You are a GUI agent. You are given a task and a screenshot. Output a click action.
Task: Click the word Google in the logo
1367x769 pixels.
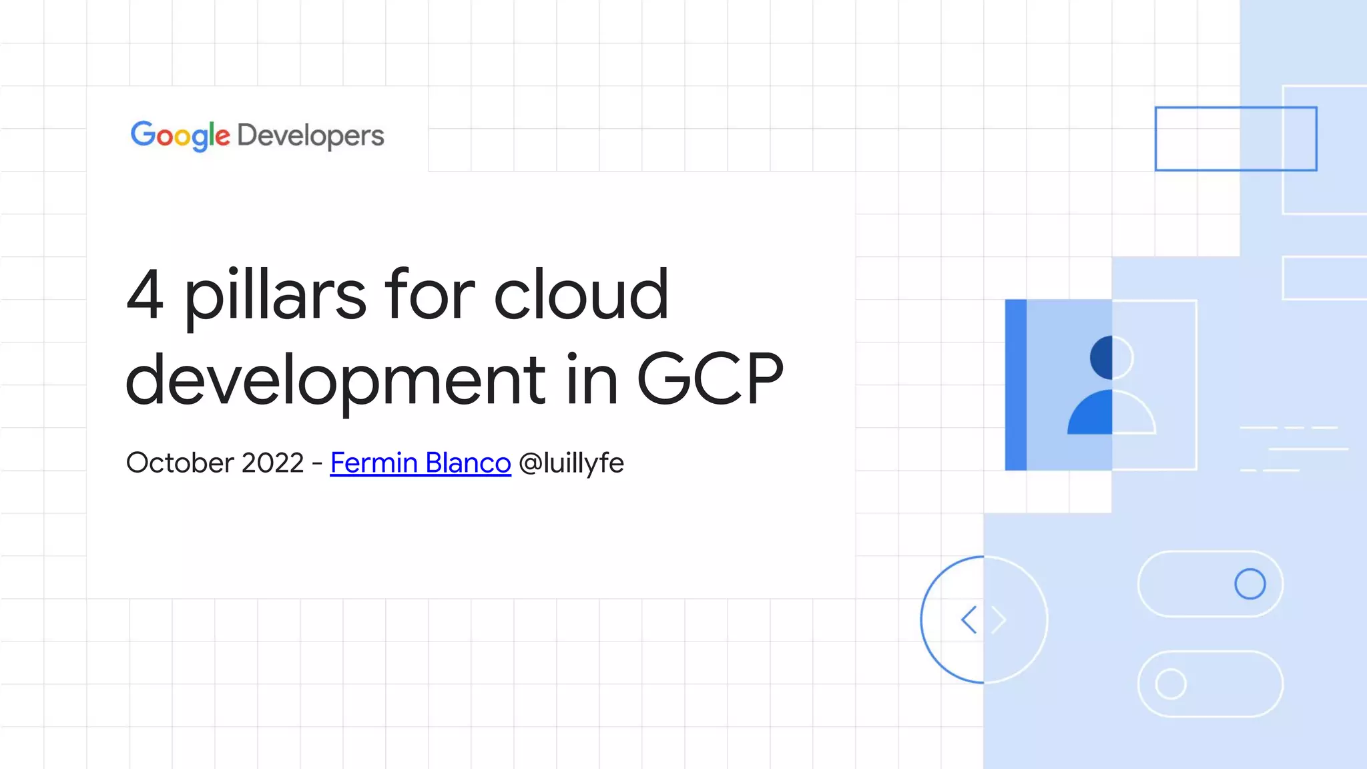(x=180, y=136)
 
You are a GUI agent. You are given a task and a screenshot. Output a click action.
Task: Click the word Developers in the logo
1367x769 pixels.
(x=310, y=136)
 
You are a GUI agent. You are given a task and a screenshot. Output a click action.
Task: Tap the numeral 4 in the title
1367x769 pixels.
(x=145, y=295)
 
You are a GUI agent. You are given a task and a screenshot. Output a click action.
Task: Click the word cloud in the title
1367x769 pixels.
(x=581, y=295)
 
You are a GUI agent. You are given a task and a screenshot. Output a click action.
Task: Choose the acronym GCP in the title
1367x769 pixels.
(x=710, y=379)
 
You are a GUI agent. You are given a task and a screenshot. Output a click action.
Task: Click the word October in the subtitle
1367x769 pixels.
(x=180, y=463)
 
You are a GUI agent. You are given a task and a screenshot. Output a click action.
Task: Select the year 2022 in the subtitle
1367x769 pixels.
(x=272, y=463)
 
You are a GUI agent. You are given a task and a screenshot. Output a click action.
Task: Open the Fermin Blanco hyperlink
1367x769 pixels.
(x=421, y=463)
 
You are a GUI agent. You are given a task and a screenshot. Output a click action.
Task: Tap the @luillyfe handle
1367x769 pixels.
(x=571, y=463)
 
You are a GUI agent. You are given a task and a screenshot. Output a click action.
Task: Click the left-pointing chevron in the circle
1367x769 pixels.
(x=969, y=619)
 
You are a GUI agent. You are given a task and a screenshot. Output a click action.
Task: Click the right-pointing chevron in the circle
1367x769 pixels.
(x=999, y=619)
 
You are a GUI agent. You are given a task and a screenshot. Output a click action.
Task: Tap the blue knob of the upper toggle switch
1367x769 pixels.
(x=1250, y=584)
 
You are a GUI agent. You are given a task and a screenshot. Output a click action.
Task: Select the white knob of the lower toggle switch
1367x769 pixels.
(x=1170, y=684)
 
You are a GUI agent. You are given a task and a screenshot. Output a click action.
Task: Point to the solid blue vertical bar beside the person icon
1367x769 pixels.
(x=1015, y=384)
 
